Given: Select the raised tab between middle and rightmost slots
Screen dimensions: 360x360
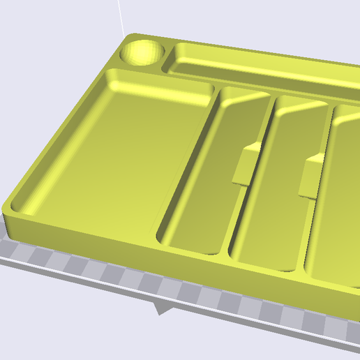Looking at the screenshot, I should coord(311,179).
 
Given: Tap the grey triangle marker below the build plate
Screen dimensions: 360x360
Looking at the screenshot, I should coord(162,307).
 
